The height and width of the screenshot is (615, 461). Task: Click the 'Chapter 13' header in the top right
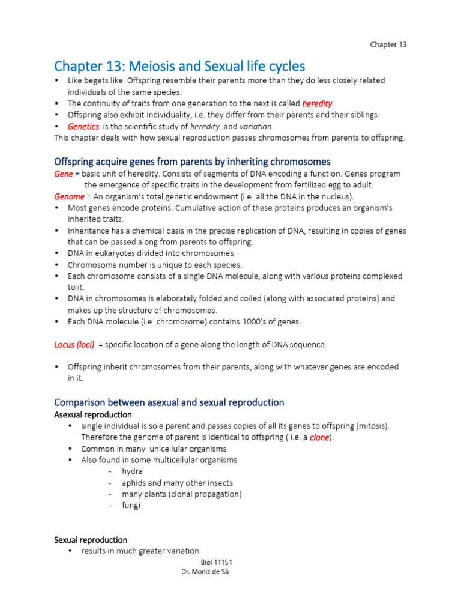[388, 44]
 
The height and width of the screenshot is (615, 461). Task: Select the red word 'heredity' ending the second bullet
[317, 103]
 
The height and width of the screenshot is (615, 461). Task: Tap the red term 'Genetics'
[83, 126]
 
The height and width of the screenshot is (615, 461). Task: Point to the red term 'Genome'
[70, 196]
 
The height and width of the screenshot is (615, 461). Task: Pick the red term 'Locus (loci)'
[74, 344]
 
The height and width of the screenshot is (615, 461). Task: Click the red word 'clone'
[319, 437]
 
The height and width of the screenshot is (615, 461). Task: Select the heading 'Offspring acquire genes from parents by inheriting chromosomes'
[192, 162]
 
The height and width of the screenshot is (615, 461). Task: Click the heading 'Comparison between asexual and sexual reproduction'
[169, 402]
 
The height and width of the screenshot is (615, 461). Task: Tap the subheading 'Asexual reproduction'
[93, 415]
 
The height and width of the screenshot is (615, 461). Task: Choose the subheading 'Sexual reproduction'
[91, 540]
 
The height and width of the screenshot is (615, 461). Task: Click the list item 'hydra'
[132, 471]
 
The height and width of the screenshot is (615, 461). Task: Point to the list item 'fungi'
[131, 506]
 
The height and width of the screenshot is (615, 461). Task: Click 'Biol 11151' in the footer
[216, 562]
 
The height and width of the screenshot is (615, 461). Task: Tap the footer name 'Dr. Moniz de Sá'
[205, 572]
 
